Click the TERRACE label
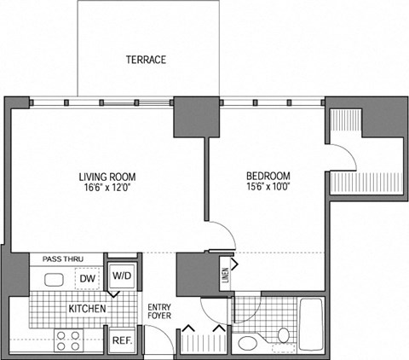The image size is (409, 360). (x=146, y=60)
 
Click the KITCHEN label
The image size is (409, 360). (x=87, y=308)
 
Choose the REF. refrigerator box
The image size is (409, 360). (x=122, y=340)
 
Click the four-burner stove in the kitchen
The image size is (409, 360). (x=68, y=340)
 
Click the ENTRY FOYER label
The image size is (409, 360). (x=160, y=313)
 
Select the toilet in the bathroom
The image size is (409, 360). (x=249, y=343)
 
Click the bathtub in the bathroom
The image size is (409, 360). (x=311, y=325)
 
